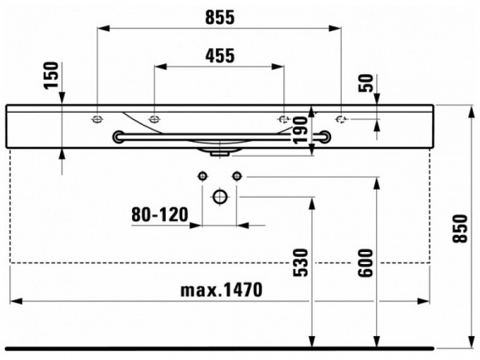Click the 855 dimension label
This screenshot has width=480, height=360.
tap(219, 17)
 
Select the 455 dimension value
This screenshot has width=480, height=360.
tap(220, 56)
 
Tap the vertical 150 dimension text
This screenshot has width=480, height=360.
tap(51, 75)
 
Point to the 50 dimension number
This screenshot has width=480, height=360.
tap(366, 83)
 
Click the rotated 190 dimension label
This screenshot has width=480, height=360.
tap(300, 130)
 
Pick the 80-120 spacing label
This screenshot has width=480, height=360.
tap(160, 214)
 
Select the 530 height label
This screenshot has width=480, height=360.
tap(300, 263)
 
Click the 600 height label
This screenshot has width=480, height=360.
tap(366, 263)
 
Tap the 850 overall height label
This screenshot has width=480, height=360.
tap(460, 229)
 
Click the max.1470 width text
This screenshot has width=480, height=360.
tap(222, 290)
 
